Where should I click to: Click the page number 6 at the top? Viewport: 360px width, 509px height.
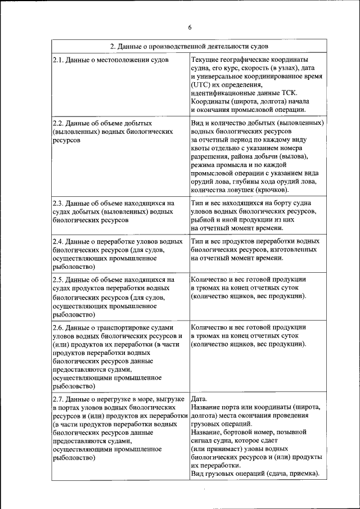pyautogui.click(x=190, y=27)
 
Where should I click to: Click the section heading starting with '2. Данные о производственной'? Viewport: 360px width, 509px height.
pyautogui.click(x=189, y=46)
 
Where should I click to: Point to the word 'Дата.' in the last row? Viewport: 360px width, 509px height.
pyautogui.click(x=200, y=398)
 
